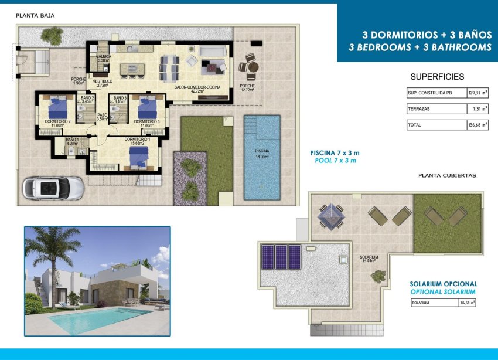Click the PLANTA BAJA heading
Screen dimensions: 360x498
click(x=35, y=16)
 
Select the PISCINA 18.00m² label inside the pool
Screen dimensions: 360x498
click(x=261, y=153)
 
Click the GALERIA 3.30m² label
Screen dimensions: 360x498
click(x=103, y=58)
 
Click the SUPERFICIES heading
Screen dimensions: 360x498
click(x=437, y=77)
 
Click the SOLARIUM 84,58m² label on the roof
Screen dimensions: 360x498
click(x=369, y=259)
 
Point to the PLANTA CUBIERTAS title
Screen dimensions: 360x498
click(x=447, y=175)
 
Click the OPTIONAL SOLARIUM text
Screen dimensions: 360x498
click(x=442, y=291)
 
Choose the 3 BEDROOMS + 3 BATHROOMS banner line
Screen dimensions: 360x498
click(x=419, y=47)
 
